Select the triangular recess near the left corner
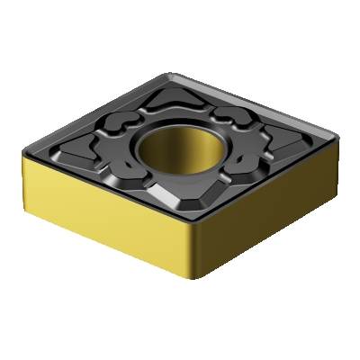coord(65,153)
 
